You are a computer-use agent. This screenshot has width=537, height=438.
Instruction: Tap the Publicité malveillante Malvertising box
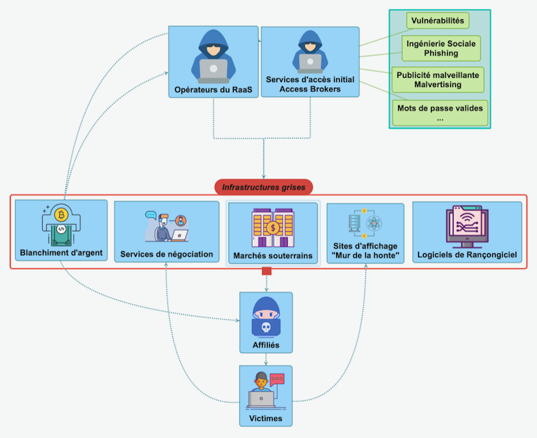[437, 79]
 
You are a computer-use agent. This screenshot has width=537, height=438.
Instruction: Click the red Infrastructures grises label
[264, 188]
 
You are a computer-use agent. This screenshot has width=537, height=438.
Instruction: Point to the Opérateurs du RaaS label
[213, 91]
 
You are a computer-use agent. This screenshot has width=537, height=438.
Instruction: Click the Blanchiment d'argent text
[61, 253]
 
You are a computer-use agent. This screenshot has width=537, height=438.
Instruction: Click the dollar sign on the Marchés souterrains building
[273, 228]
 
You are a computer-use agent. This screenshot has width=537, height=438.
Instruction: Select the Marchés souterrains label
[273, 255]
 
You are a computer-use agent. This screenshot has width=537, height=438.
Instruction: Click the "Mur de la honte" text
[365, 256]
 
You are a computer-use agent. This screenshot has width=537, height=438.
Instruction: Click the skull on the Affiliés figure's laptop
[266, 327]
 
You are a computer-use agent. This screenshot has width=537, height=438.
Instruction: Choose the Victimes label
[266, 418]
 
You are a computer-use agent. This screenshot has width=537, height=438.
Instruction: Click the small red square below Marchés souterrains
[266, 271]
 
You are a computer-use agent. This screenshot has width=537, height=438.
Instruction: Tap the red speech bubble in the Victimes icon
[277, 380]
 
